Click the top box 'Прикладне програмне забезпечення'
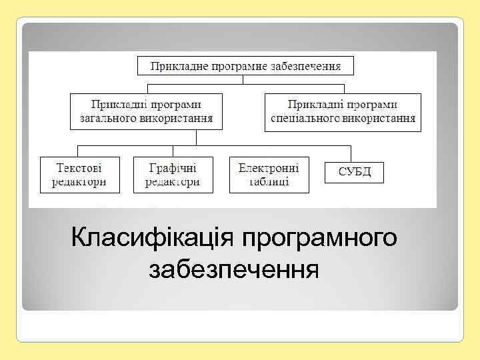tap(245, 66)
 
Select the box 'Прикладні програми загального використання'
tap(146, 111)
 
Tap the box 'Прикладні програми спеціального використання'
tap(343, 111)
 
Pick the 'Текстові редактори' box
tap(80, 175)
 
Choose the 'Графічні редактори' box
tap(173, 175)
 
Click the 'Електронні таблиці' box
tap(269, 175)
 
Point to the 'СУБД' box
tap(354, 172)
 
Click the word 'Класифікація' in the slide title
tap(154, 237)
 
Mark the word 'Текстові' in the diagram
tap(80, 167)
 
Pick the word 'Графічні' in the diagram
tap(173, 167)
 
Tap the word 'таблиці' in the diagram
tap(269, 181)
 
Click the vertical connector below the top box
tap(244, 79)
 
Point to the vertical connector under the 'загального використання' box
tap(196, 137)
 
